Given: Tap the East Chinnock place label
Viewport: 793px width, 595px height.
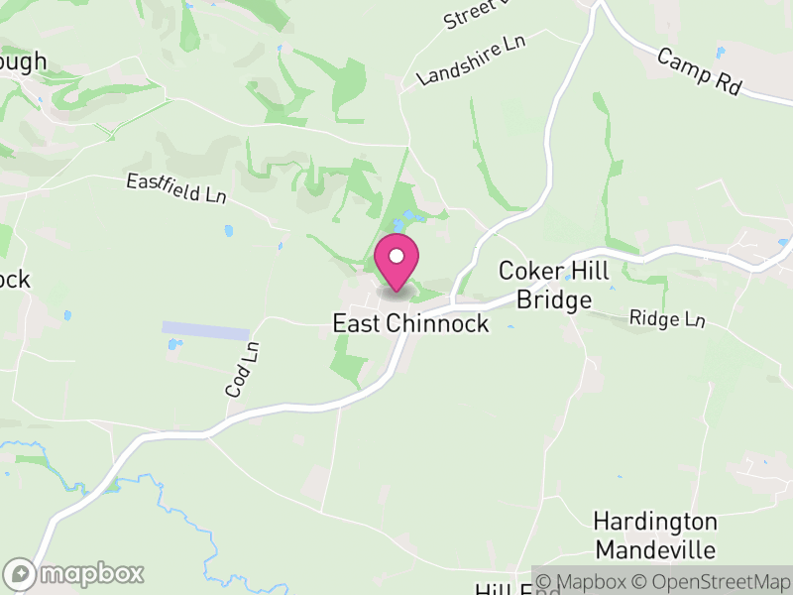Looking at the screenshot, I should (x=410, y=324).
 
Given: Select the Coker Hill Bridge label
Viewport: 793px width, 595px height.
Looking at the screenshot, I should (x=545, y=285).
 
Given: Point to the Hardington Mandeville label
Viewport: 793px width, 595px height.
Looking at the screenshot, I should (x=654, y=535).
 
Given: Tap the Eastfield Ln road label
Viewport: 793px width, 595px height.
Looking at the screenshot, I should (x=176, y=187).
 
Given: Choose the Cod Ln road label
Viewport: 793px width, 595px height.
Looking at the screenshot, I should (x=242, y=370).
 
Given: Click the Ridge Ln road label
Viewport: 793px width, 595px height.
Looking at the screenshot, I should (x=667, y=319).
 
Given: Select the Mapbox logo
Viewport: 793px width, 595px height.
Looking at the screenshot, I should (x=75, y=573).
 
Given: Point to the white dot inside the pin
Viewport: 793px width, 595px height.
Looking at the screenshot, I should (x=396, y=256).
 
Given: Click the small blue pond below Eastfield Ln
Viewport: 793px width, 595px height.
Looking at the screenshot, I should (x=229, y=231).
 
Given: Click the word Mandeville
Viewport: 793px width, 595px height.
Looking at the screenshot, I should (x=654, y=548).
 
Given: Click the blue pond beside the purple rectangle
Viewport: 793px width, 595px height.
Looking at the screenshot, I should (x=174, y=346).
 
